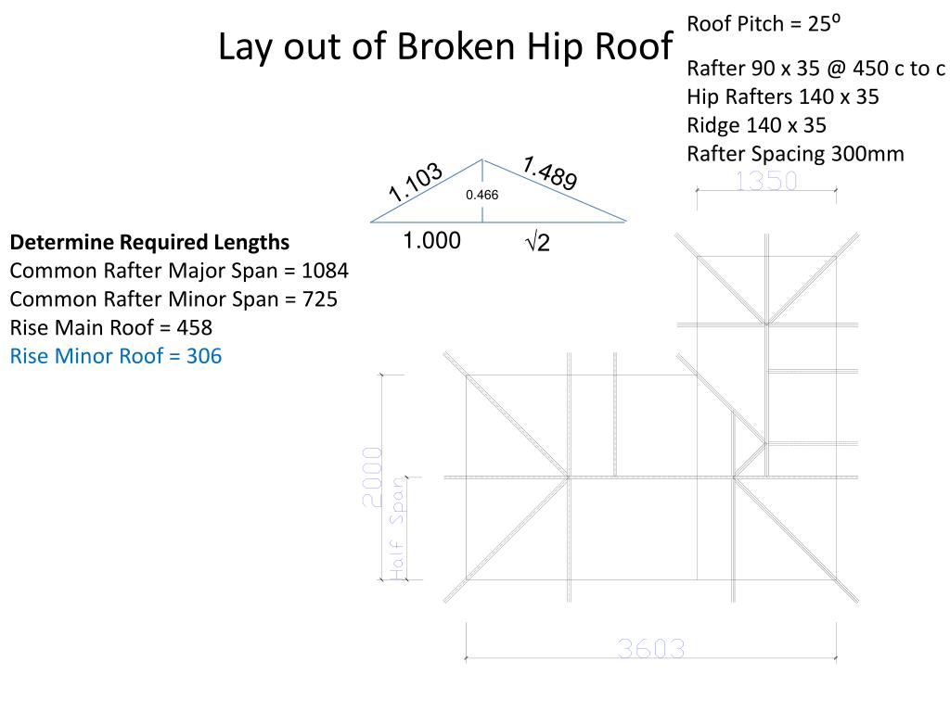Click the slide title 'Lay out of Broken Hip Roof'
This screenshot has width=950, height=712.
coord(444,47)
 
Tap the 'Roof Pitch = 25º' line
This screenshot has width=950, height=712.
coord(764,23)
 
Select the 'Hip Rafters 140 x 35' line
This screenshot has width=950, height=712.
coord(782,96)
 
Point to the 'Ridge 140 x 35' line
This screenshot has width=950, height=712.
coord(756,125)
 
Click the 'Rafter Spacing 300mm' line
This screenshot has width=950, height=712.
coord(795,154)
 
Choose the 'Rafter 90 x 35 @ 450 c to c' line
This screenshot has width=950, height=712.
coord(815,69)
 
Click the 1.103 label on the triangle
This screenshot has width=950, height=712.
coord(416,183)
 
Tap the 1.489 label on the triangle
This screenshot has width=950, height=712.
coord(549,173)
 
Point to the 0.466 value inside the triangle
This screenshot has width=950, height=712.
coord(481,195)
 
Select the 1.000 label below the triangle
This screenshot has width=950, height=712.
coord(431,241)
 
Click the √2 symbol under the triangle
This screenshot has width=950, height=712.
coord(537,243)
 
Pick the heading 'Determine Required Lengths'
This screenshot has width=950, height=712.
coord(149,242)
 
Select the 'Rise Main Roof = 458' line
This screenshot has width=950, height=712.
coord(111,327)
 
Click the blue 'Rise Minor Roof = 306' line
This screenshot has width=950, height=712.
coord(116,356)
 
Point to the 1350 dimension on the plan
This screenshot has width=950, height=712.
coord(765,181)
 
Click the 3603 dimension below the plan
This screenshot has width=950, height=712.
coord(651,649)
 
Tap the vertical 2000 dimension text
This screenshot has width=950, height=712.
coord(371,477)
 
